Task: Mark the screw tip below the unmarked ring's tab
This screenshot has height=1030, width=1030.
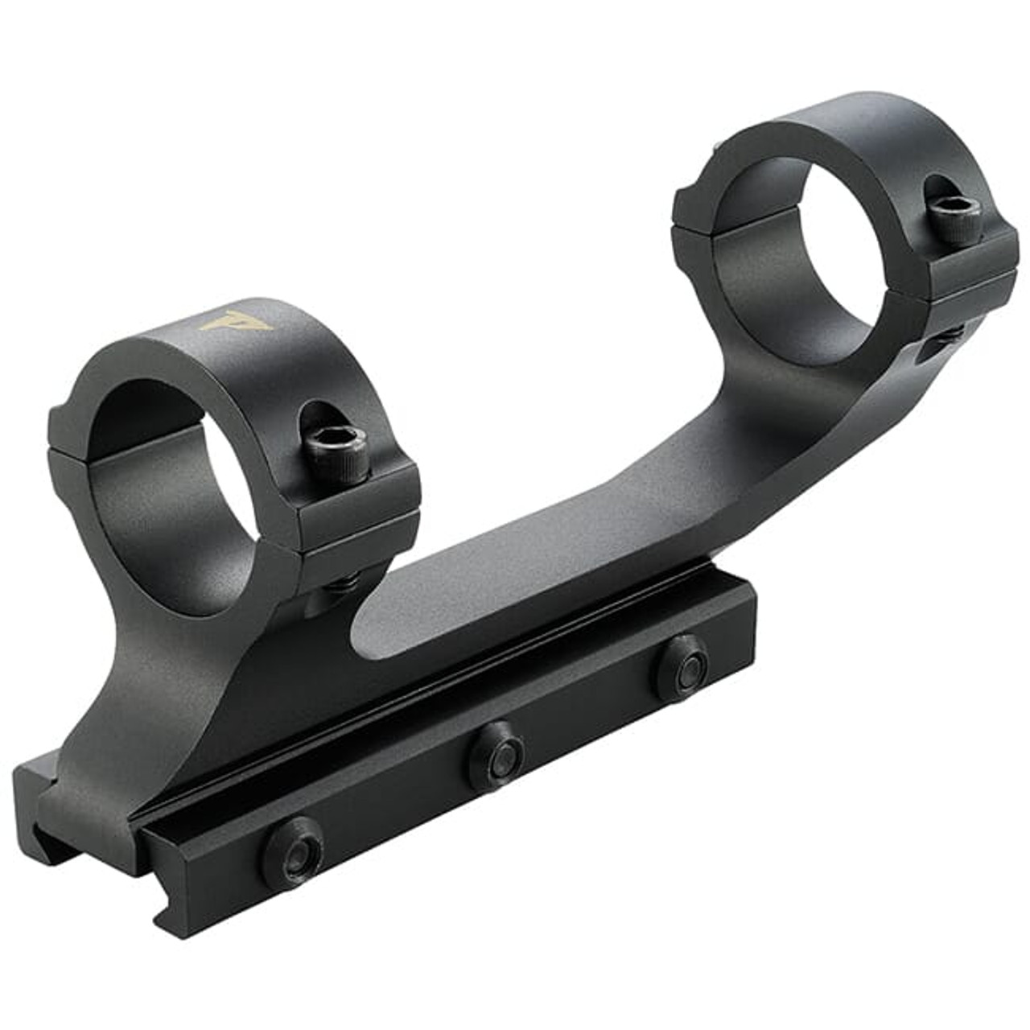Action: pos(954,330)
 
